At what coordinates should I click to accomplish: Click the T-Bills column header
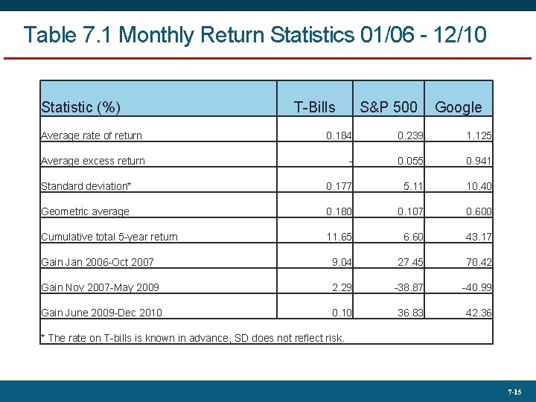click(314, 107)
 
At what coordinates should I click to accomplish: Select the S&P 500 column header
click(388, 107)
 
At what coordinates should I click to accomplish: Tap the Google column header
click(458, 107)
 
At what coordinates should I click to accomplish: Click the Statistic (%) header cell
click(80, 107)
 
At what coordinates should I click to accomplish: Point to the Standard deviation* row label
click(86, 186)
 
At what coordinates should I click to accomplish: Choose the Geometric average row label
click(85, 211)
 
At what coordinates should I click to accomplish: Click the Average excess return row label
click(93, 161)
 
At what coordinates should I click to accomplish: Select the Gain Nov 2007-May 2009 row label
click(100, 287)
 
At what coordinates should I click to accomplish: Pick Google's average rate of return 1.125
click(479, 135)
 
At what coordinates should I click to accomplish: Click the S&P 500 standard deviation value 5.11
click(412, 186)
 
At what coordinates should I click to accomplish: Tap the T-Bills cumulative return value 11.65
click(339, 237)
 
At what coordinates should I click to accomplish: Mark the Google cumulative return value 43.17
click(479, 237)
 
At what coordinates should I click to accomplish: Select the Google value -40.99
click(476, 287)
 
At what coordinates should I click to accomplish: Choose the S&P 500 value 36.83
click(409, 313)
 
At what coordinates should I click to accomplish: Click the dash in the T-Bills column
click(350, 162)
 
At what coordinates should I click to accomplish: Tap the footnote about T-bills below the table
click(193, 338)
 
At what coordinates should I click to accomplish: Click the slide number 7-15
click(514, 391)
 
